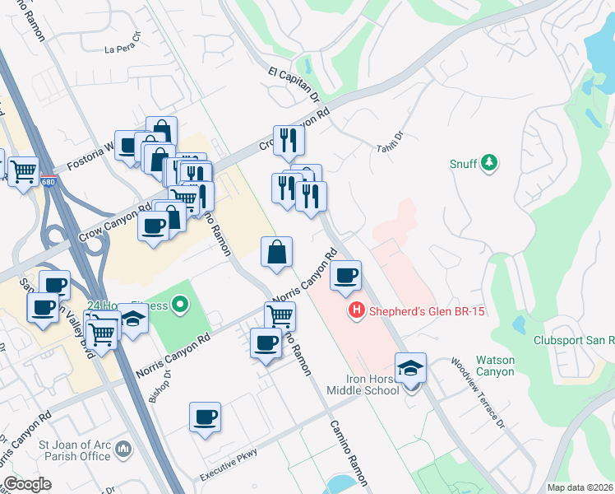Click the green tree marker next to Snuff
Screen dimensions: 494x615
tap(489, 162)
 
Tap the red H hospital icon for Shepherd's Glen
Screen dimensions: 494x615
tap(357, 310)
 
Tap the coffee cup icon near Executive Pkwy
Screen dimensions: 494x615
tap(205, 417)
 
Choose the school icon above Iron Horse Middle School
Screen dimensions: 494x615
tap(410, 367)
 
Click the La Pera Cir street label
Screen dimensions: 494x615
tap(123, 44)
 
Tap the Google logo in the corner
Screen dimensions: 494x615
tap(28, 484)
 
